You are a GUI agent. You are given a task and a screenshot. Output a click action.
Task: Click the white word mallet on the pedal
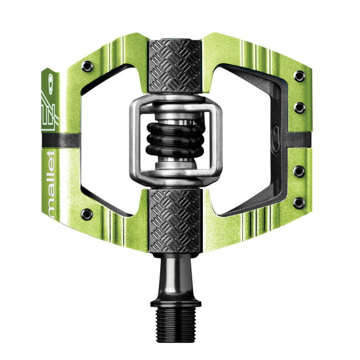pos(51,184)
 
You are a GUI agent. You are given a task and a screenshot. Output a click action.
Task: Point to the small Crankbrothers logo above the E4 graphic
pos(50,81)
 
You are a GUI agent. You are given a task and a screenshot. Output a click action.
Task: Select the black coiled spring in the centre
pos(175,140)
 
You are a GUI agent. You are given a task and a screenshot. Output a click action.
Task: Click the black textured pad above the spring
pos(175,66)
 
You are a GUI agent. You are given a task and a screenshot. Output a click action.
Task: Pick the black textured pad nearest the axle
pos(175,220)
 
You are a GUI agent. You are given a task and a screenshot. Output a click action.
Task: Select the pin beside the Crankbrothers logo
pos(88,66)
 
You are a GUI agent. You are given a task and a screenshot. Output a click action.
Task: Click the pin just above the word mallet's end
pos(87,214)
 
